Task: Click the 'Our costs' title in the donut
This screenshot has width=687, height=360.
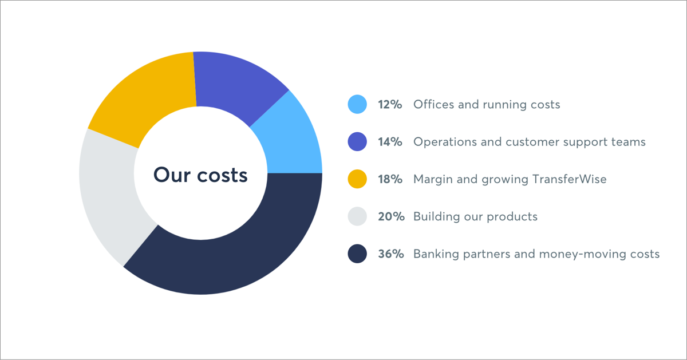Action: pyautogui.click(x=200, y=175)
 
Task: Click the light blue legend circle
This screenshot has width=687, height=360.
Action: pyautogui.click(x=357, y=105)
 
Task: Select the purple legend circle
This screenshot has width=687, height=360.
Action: pyautogui.click(x=357, y=142)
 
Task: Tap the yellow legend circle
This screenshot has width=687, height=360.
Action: pyautogui.click(x=357, y=179)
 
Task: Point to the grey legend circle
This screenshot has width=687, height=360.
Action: pyautogui.click(x=357, y=216)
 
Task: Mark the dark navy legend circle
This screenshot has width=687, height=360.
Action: pyautogui.click(x=357, y=254)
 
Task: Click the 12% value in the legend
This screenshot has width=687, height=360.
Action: pyautogui.click(x=390, y=105)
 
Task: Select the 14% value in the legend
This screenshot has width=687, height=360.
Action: pyautogui.click(x=390, y=142)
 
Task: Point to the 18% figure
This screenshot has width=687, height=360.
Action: pyautogui.click(x=390, y=179)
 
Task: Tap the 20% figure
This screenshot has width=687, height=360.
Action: pyautogui.click(x=390, y=216)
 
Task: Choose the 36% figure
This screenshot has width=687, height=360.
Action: pyautogui.click(x=390, y=254)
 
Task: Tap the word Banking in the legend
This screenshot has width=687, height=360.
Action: pyautogui.click(x=435, y=254)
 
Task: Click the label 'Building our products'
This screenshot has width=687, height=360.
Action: pyautogui.click(x=475, y=216)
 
